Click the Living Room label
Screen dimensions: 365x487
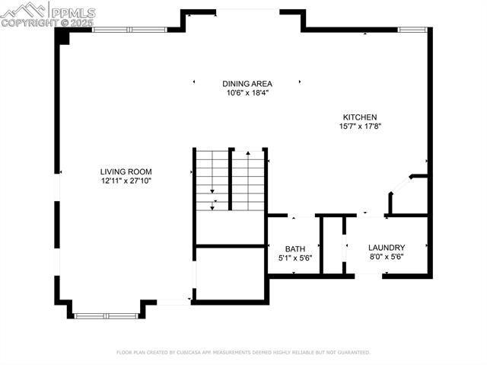pos(126,171)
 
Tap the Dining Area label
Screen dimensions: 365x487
pos(247,83)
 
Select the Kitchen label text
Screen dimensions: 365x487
pos(359,117)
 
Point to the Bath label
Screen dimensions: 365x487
pos(294,249)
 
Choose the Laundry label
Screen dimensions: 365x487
pos(386,248)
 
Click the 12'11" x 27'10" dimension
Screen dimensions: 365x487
pos(126,181)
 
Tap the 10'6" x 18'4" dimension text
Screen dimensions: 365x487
pos(247,93)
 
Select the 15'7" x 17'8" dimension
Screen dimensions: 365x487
pos(359,126)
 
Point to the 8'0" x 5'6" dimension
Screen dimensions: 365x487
pos(386,258)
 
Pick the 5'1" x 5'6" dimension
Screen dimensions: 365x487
pos(294,258)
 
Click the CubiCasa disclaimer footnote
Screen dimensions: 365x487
pos(243,353)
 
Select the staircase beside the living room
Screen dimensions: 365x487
pos(229,181)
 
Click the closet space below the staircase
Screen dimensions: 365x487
pos(229,273)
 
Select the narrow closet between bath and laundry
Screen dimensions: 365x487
pos(333,245)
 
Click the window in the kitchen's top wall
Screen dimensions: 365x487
pos(412,30)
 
